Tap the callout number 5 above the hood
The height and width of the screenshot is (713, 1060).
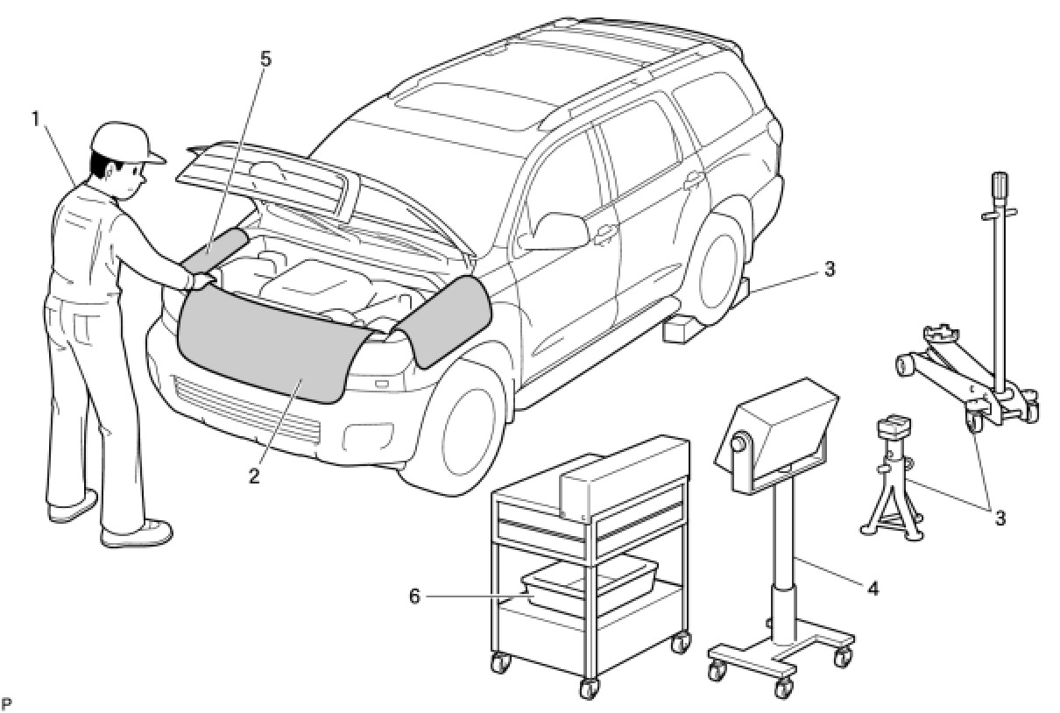click(x=265, y=59)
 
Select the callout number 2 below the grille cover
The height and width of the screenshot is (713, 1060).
click(x=254, y=476)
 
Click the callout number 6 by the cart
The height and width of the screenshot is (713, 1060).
click(x=414, y=596)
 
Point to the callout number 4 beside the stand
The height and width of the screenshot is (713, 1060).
click(x=872, y=588)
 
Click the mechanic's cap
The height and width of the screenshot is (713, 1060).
click(x=127, y=140)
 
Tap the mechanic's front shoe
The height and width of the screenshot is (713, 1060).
click(x=138, y=533)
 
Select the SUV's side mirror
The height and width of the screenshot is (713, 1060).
click(x=558, y=230)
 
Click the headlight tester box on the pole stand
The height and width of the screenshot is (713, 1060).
click(x=775, y=429)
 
